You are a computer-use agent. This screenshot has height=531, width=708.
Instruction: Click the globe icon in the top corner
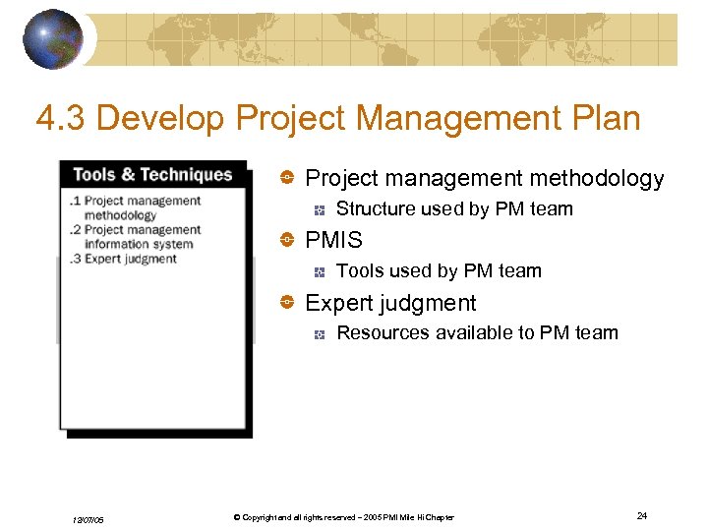pyautogui.click(x=52, y=39)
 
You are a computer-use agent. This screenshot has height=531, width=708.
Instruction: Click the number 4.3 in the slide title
pyautogui.click(x=61, y=119)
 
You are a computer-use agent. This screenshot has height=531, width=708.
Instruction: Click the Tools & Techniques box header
pyautogui.click(x=152, y=175)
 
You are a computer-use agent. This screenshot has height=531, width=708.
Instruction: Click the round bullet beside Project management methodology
pyautogui.click(x=287, y=178)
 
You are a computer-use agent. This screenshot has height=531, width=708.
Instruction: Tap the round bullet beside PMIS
pyautogui.click(x=287, y=240)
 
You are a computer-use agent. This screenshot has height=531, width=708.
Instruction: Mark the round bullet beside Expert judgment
pyautogui.click(x=287, y=303)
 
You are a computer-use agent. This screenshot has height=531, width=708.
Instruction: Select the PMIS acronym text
pyautogui.click(x=334, y=240)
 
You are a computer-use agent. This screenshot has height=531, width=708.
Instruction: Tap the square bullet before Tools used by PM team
pyautogui.click(x=320, y=271)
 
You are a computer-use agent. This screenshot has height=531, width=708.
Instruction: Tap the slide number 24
pyautogui.click(x=641, y=515)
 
